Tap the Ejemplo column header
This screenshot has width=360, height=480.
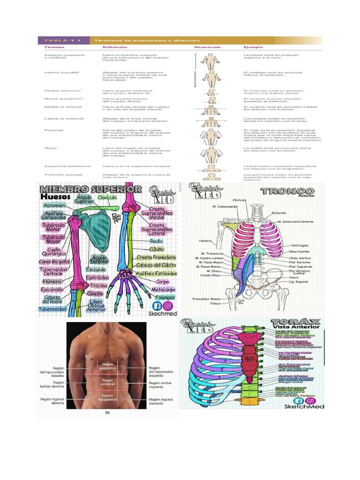coord(252,47)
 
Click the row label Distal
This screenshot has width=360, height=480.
coord(50,148)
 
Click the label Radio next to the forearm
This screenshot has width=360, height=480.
coord(156,241)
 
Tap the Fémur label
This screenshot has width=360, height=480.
coord(215,304)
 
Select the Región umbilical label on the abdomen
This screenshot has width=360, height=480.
coord(107,382)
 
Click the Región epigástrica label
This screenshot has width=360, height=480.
coord(108,367)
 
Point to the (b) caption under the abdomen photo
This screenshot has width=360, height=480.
coord(107,413)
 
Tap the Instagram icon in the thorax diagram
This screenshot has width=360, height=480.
coord(309,401)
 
